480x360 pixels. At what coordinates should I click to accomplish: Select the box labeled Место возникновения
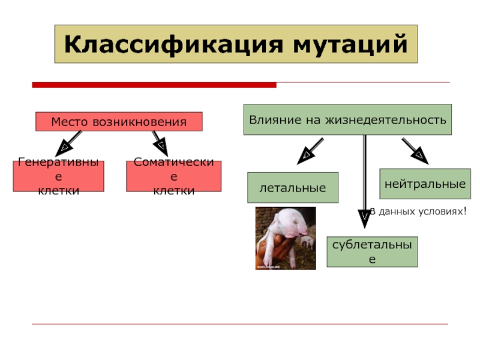[119, 122]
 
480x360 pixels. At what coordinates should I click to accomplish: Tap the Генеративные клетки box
[59, 176]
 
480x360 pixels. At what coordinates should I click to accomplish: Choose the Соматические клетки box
[173, 176]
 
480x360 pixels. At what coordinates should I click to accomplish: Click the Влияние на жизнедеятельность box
[347, 119]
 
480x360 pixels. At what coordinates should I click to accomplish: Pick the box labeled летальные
[293, 188]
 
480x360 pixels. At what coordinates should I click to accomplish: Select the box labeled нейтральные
[425, 184]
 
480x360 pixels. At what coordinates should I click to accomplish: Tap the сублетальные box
[372, 251]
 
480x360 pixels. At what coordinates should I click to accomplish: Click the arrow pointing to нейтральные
[413, 149]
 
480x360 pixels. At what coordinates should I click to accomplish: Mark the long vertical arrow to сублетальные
[364, 180]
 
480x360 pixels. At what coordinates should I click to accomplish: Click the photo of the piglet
[286, 238]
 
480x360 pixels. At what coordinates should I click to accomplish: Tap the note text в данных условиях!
[420, 211]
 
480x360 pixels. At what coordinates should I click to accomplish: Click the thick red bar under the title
[154, 85]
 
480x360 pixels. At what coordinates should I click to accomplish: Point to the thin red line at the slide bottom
[240, 325]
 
